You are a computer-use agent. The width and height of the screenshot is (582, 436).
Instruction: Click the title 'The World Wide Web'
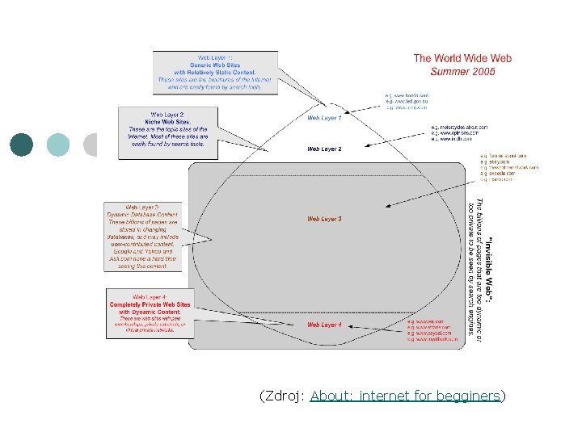click(x=462, y=58)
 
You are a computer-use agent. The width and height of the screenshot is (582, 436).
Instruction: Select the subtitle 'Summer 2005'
click(x=462, y=71)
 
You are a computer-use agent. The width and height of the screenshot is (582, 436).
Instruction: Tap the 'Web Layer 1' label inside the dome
click(x=324, y=118)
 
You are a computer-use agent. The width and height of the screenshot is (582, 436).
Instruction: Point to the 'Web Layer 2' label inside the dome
click(x=324, y=149)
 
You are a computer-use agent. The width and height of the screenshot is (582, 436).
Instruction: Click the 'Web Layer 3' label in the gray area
click(x=324, y=219)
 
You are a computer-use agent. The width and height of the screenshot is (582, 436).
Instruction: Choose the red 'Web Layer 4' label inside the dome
click(x=324, y=325)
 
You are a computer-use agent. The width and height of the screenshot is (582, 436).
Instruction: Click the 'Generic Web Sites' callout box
click(x=215, y=73)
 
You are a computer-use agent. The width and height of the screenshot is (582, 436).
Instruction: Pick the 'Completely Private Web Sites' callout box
click(x=150, y=313)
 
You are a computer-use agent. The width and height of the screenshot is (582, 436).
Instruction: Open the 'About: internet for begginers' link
click(x=406, y=396)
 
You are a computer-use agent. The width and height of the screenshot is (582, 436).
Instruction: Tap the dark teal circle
click(x=22, y=145)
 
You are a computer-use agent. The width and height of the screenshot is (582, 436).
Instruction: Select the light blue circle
click(x=58, y=145)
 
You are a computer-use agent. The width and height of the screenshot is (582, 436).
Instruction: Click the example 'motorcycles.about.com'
click(x=462, y=128)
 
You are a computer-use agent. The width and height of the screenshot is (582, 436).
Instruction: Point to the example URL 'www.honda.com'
click(x=409, y=95)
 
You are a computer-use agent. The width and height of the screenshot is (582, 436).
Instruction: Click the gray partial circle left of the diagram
click(x=91, y=145)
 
